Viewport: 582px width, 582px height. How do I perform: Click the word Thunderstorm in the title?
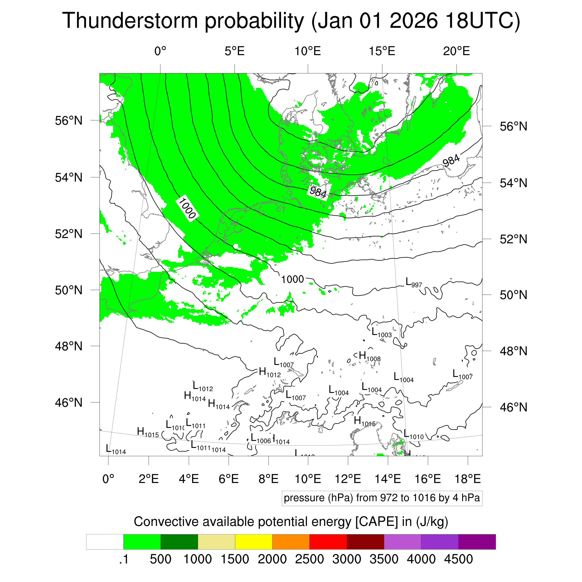pos(129,20)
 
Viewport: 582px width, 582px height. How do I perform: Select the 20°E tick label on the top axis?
pos(456,51)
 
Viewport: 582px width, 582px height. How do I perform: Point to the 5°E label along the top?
pos(234,51)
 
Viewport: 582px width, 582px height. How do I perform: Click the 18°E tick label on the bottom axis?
pos(467,479)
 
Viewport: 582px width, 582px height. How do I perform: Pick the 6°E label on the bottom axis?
pos(229,479)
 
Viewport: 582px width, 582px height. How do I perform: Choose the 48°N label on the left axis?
pos(69,346)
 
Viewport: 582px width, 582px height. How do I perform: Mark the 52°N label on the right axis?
pos(513,239)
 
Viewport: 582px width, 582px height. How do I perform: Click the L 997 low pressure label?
pos(414,282)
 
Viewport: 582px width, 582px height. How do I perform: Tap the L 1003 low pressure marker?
pos(381,332)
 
